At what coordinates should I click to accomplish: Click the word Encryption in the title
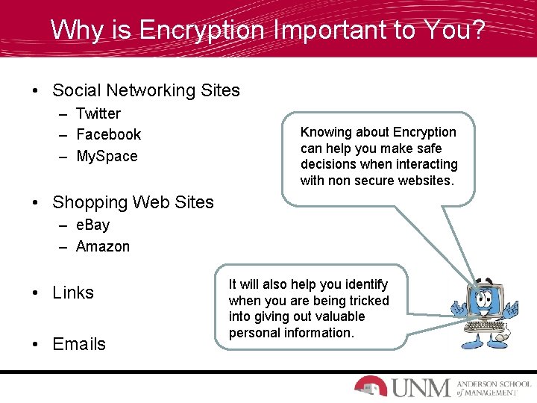(202, 30)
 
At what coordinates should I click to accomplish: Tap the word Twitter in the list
(98, 113)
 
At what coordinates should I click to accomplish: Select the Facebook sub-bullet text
(108, 134)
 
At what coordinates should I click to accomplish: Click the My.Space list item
(107, 156)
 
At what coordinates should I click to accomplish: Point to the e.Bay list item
(92, 225)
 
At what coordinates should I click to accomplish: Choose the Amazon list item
(102, 246)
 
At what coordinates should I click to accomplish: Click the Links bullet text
(73, 293)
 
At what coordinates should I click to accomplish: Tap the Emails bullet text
(79, 344)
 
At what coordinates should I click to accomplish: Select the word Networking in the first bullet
(151, 91)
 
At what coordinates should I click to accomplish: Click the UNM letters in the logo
(421, 387)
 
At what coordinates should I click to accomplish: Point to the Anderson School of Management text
(496, 387)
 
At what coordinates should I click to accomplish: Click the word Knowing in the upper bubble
(324, 132)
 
